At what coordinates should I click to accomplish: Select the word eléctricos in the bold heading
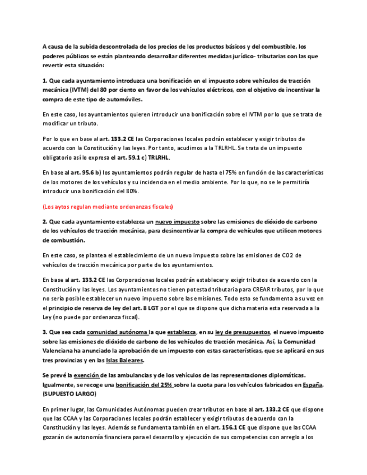click(x=217, y=90)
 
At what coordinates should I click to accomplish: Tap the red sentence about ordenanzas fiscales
click(x=108, y=206)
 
